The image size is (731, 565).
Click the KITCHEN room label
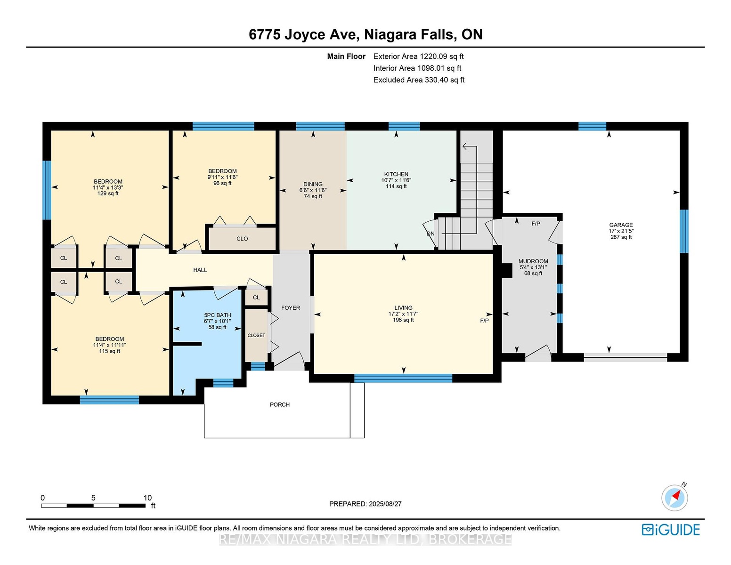(396, 174)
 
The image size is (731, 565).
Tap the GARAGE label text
(621, 225)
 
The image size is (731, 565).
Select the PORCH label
(280, 404)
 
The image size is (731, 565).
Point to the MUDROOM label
(533, 261)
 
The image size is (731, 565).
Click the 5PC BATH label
(217, 315)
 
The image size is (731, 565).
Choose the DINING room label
(313, 184)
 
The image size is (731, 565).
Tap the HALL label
(200, 270)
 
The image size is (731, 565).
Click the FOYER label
(290, 307)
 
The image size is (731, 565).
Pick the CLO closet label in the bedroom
(242, 239)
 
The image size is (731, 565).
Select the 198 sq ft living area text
(403, 320)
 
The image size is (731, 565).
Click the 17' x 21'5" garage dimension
(621, 231)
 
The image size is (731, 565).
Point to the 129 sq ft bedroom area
(108, 193)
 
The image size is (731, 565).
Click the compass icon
(674, 498)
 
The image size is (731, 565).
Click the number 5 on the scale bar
(93, 498)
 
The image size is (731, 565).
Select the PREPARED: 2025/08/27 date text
(365, 504)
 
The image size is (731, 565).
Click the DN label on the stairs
(430, 234)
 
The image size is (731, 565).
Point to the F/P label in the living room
(484, 321)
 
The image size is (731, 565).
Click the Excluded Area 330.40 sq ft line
(419, 80)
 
